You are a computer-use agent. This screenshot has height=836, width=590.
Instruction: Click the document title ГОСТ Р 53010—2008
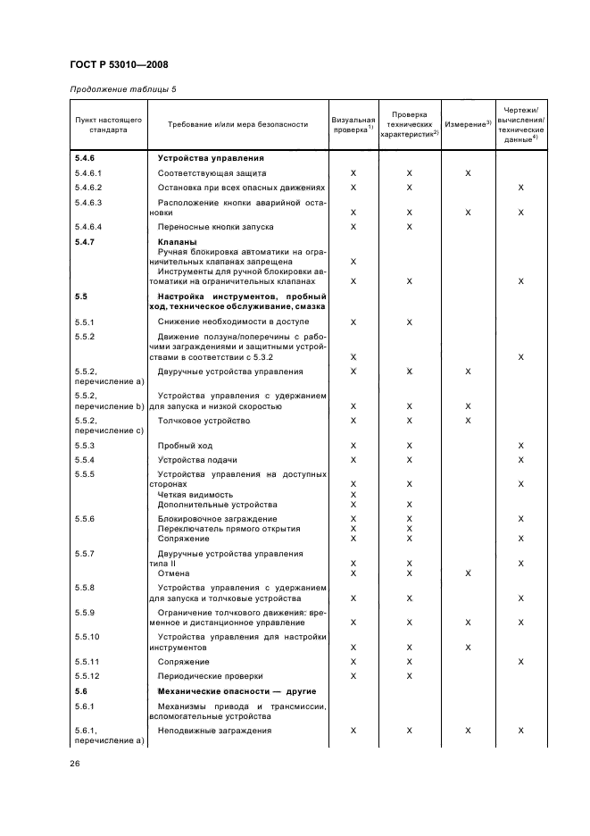(x=118, y=64)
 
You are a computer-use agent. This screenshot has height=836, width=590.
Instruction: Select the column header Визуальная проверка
(x=353, y=124)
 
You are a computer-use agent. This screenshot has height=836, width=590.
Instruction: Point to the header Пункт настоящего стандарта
(x=101, y=124)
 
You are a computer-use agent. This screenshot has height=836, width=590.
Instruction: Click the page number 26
(x=75, y=762)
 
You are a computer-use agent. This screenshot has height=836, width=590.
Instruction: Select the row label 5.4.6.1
(x=89, y=172)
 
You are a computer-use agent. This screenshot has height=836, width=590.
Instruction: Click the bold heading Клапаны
(x=177, y=242)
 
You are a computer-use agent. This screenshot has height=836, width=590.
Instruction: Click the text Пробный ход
(x=186, y=445)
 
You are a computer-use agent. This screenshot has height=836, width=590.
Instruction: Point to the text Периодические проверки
(x=210, y=676)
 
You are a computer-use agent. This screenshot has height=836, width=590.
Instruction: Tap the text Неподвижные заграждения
(x=214, y=731)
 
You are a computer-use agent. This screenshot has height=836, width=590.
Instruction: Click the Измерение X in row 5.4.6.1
(x=468, y=172)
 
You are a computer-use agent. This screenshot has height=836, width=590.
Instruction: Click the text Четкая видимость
(x=195, y=494)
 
